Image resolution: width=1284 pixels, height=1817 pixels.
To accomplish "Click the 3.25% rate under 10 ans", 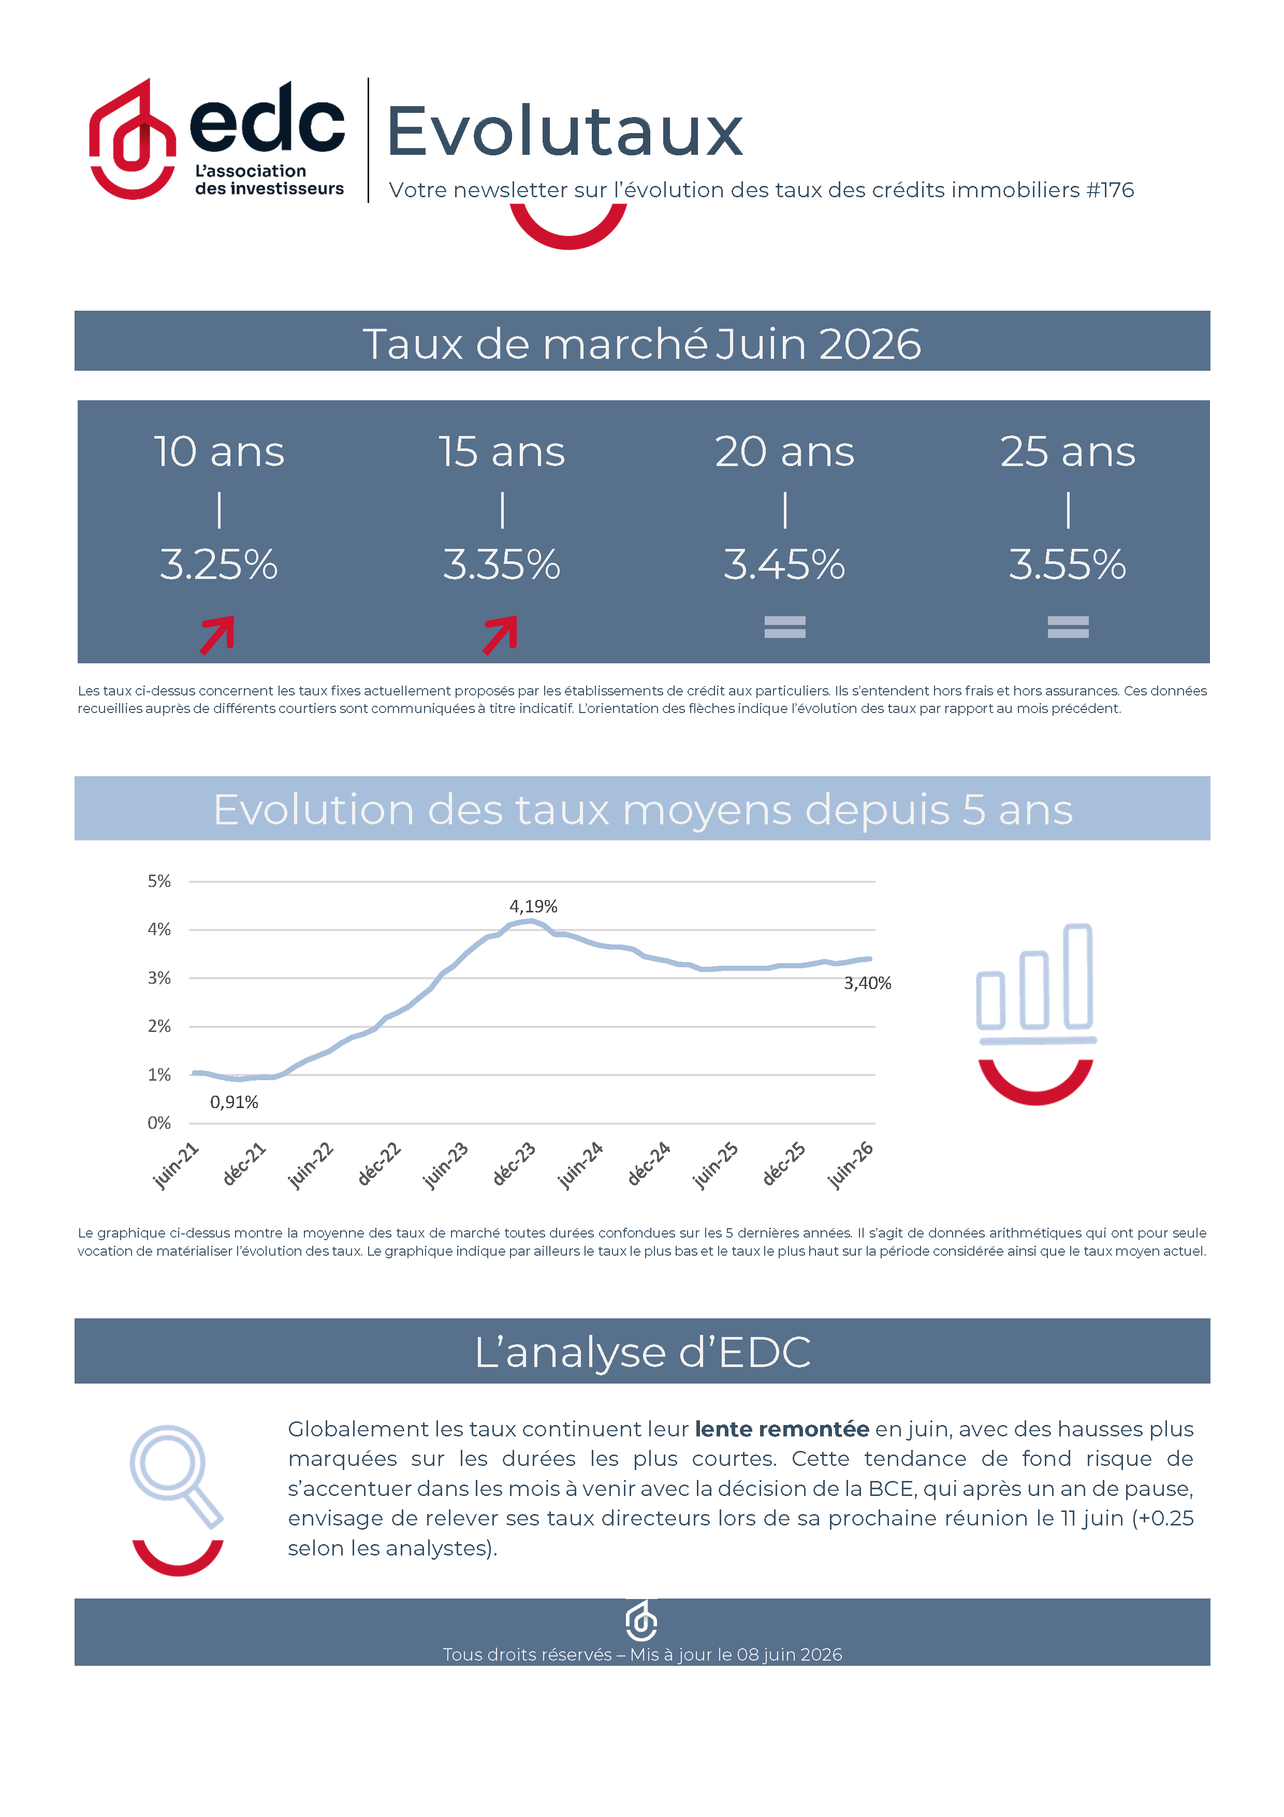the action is [218, 564].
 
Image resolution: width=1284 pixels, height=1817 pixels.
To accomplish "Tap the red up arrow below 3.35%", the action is [500, 635].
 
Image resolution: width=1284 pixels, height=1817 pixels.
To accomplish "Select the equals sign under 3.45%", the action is [785, 627].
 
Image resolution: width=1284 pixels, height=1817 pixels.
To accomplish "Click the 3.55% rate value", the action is [1067, 564].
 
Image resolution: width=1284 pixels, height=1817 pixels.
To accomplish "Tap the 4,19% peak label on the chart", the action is [533, 906].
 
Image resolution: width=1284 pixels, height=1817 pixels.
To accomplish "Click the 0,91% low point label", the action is [234, 1101].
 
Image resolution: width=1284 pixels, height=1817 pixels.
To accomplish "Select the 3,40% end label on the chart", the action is [868, 983].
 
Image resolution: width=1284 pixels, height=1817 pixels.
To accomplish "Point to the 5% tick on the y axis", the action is [159, 881].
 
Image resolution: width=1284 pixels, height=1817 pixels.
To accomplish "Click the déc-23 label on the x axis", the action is [514, 1164].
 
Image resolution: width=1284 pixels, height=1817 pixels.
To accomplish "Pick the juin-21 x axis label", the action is [176, 1165].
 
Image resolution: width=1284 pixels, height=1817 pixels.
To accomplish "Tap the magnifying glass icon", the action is [176, 1477].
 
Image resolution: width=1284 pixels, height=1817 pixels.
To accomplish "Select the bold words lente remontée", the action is [782, 1429].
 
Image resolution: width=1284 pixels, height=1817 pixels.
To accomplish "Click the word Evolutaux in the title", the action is [565, 132].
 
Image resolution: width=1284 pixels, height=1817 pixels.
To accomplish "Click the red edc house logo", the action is [132, 138].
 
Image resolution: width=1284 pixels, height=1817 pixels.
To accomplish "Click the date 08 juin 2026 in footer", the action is [790, 1655].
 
